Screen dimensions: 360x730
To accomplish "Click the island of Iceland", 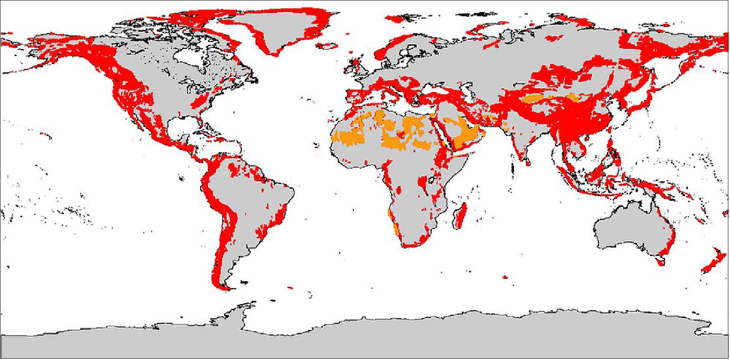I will [328, 45].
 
